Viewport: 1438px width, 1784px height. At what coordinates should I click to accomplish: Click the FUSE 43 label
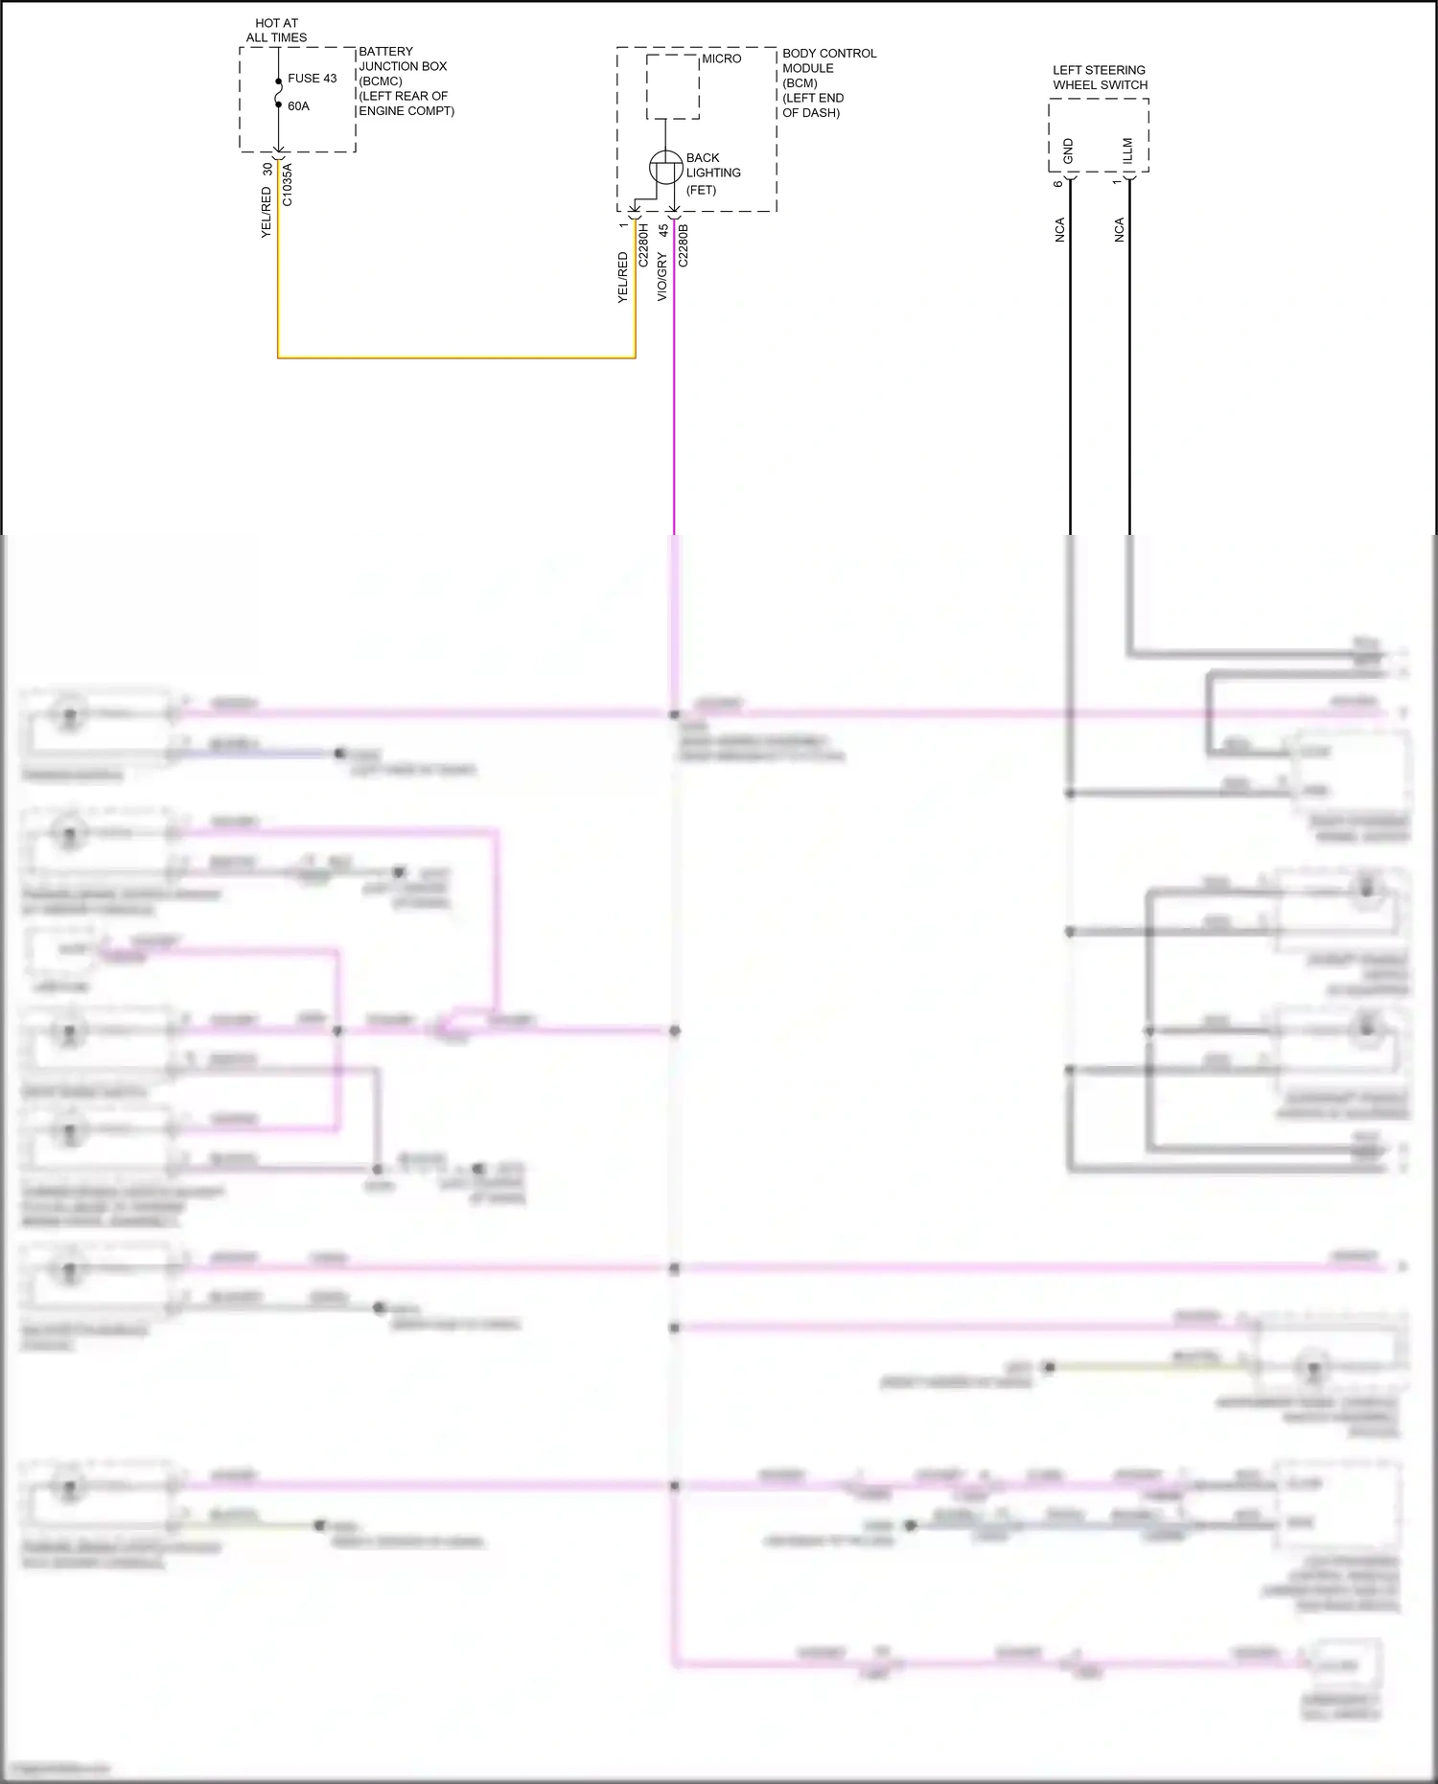click(312, 79)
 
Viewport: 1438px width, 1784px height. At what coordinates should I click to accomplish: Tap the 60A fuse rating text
click(298, 106)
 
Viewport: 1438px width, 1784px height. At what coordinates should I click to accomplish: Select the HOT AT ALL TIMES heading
click(276, 31)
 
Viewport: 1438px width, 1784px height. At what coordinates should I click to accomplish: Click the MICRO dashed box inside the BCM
click(672, 86)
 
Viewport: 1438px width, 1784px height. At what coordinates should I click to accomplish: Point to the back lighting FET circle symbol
click(666, 168)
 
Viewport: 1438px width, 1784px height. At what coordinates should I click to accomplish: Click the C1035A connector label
click(288, 185)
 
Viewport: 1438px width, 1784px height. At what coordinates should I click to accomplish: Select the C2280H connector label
click(644, 244)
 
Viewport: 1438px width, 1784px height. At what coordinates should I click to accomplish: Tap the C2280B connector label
click(684, 244)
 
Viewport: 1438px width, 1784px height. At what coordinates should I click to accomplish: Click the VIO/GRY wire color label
click(662, 277)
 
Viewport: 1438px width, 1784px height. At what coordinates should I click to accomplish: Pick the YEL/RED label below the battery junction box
click(267, 212)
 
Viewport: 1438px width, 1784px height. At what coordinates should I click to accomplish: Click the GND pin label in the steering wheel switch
click(1069, 151)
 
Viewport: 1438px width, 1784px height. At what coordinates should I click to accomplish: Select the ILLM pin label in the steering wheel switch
click(1128, 151)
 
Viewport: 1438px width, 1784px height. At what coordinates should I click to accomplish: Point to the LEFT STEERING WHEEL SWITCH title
click(1100, 78)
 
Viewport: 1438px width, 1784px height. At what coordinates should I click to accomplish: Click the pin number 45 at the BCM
click(662, 231)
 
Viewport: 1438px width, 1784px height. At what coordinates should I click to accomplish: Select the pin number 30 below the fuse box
click(267, 169)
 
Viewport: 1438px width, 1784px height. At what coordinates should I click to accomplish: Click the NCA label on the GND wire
click(1060, 230)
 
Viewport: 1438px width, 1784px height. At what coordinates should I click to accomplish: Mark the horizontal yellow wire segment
click(456, 358)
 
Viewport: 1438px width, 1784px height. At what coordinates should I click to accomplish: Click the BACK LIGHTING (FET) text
click(712, 174)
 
